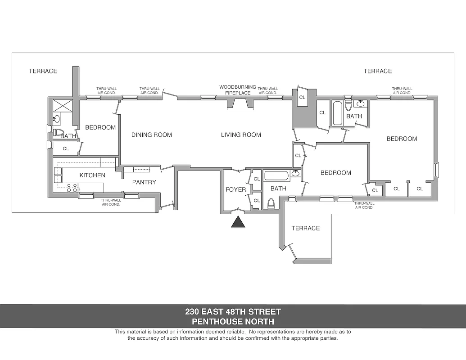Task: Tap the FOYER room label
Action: click(x=235, y=189)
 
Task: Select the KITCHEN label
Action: click(x=92, y=175)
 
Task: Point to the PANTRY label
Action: click(x=144, y=182)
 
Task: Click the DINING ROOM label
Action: click(x=151, y=135)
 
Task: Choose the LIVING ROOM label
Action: click(x=241, y=135)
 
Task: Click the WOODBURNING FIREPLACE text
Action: click(x=238, y=90)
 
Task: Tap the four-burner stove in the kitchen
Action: click(x=72, y=188)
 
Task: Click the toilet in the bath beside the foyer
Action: click(x=271, y=203)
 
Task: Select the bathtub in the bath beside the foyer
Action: click(x=277, y=175)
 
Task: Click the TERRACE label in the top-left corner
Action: click(x=43, y=71)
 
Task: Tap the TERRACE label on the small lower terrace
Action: click(x=305, y=228)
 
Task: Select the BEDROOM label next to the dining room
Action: click(x=100, y=127)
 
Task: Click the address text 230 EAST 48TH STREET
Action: click(x=233, y=311)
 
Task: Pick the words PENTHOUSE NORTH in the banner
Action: click(x=233, y=321)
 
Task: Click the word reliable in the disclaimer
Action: click(x=234, y=332)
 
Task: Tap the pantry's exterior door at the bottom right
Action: click(x=167, y=206)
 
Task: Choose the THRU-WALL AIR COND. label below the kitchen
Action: click(x=111, y=202)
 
